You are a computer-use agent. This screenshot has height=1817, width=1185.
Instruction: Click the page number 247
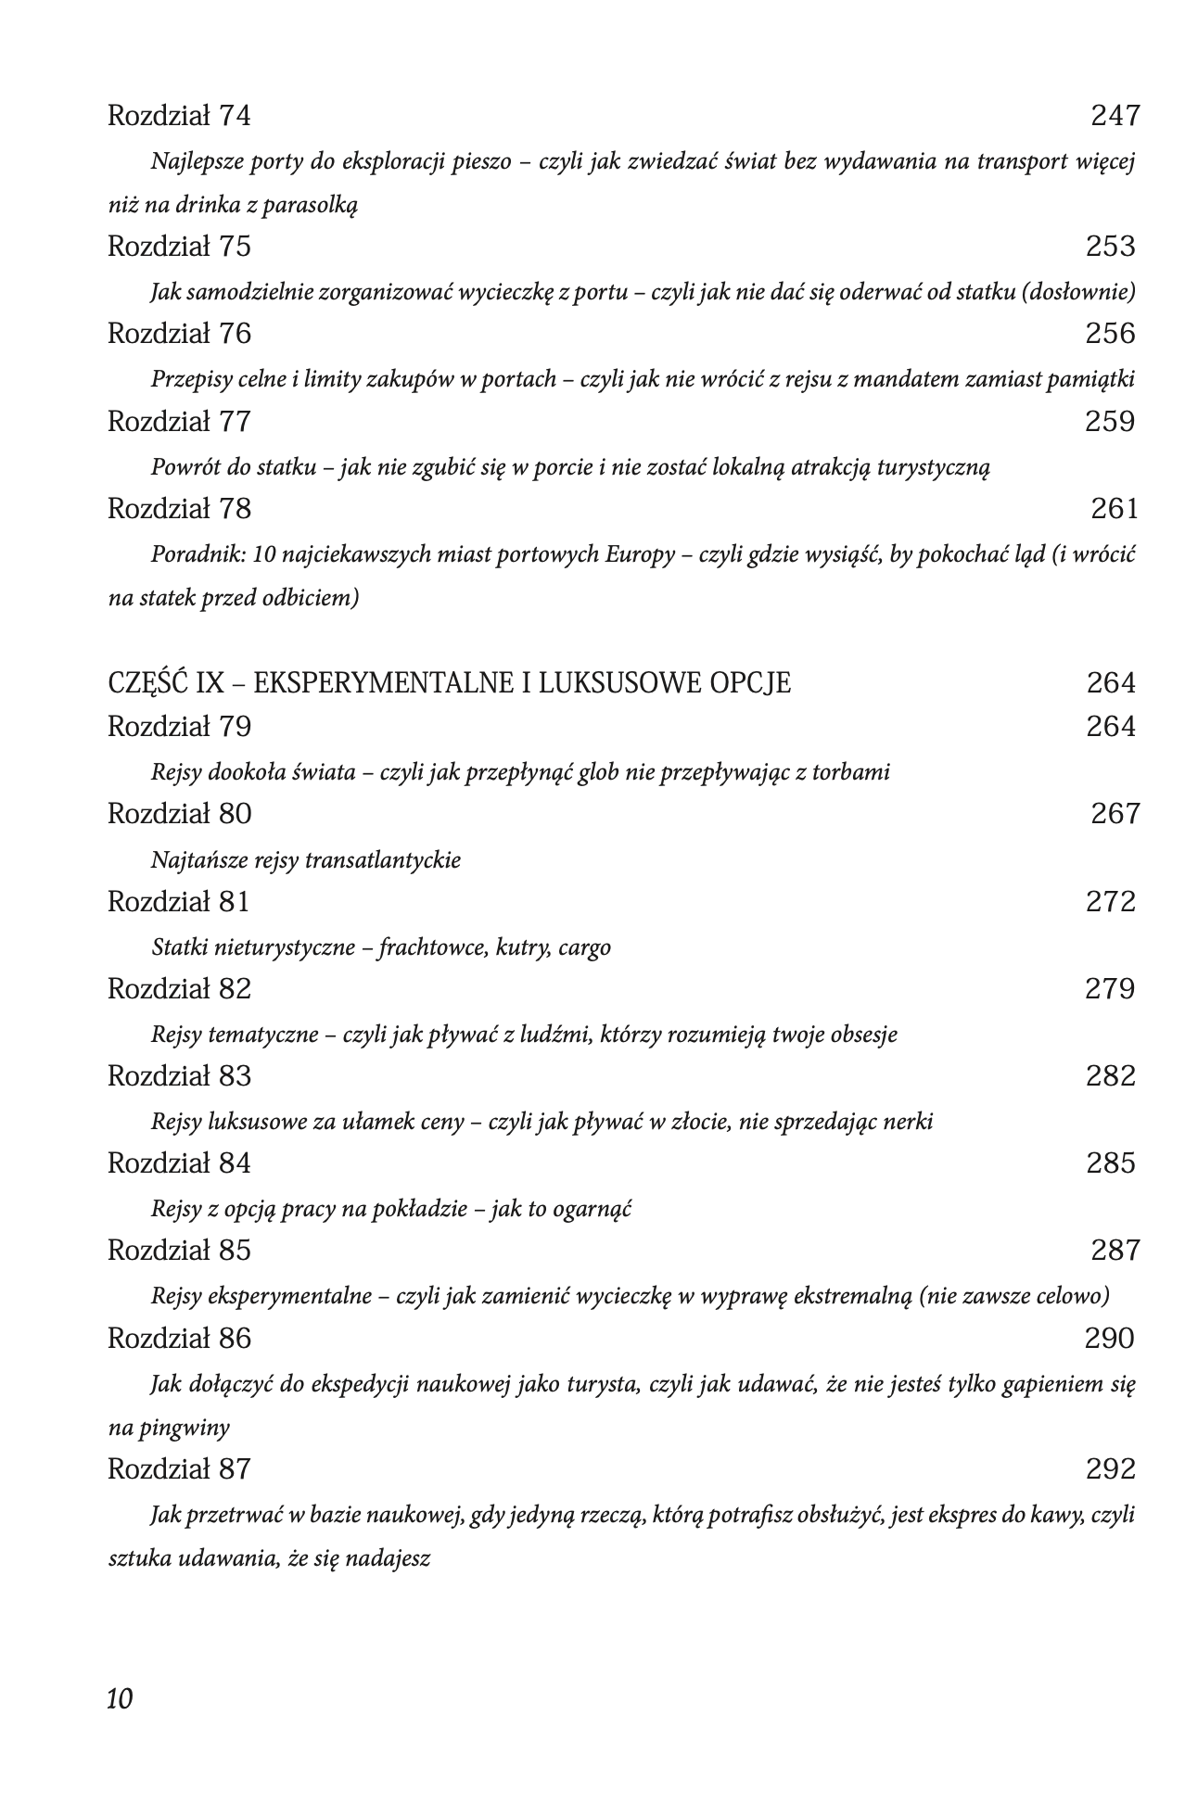(1115, 116)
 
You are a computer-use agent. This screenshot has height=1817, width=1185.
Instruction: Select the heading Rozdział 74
(179, 116)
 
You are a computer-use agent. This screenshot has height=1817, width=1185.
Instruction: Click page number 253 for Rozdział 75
(1110, 247)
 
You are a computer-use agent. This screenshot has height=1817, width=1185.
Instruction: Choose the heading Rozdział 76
(179, 334)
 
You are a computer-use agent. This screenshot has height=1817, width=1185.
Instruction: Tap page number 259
(1110, 422)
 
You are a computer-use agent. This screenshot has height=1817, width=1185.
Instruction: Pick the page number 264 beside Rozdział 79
(1110, 727)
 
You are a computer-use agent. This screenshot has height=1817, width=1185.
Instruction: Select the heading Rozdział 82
(179, 989)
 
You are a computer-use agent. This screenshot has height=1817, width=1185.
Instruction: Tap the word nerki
(906, 1122)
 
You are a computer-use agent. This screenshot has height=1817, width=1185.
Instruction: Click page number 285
(1110, 1163)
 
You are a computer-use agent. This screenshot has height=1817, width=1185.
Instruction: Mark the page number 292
(1110, 1469)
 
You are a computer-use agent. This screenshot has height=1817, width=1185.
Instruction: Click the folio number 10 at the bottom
(121, 1698)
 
